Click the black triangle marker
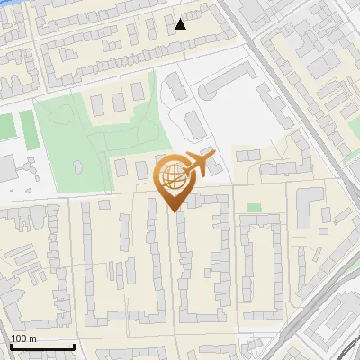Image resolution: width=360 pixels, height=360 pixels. pyautogui.click(x=181, y=24)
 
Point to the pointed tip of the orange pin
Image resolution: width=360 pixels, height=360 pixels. pyautogui.click(x=173, y=211)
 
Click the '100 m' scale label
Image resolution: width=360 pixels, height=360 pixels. pyautogui.click(x=24, y=338)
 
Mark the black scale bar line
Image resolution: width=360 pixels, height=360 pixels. pyautogui.click(x=41, y=346)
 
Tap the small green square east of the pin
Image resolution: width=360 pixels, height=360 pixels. pyautogui.click(x=254, y=208)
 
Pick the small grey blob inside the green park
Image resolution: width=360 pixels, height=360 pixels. pyautogui.click(x=78, y=166)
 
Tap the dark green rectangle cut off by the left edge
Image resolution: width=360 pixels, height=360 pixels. pyautogui.click(x=4, y=126)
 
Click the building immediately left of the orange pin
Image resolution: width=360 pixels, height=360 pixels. pyautogui.click(x=142, y=169)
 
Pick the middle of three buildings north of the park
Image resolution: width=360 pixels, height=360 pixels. pyautogui.click(x=117, y=98)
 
